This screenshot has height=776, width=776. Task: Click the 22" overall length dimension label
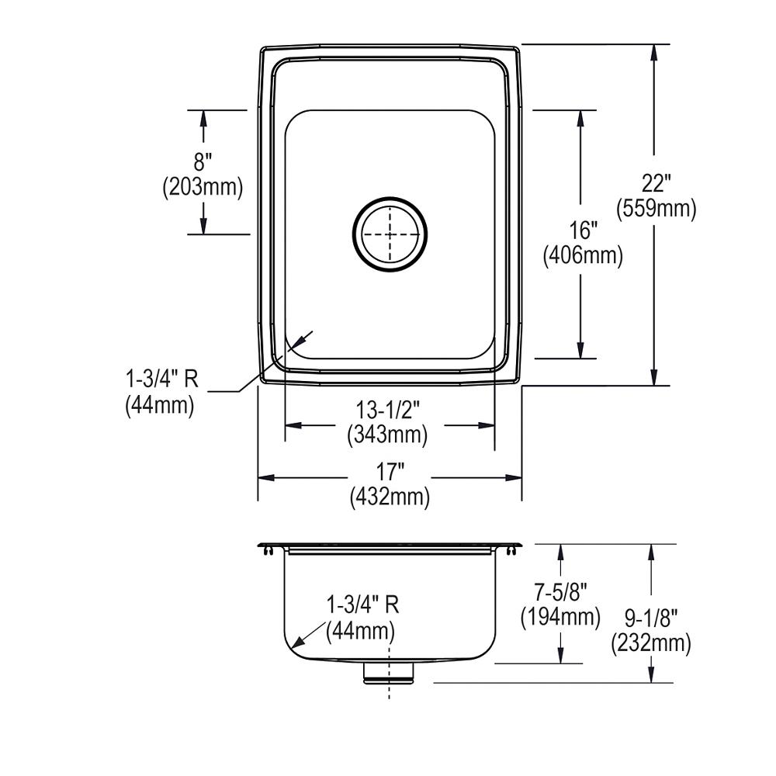coord(656,185)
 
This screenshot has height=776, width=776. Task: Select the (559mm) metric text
coord(656,208)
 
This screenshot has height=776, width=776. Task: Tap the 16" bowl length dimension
coord(582,231)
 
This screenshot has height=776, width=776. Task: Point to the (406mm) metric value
coord(582,255)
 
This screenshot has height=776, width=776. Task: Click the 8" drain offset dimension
coord(203,162)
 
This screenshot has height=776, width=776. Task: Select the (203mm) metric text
coord(203,186)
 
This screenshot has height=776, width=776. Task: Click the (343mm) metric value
coord(387,435)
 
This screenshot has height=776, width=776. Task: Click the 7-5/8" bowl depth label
coord(559,594)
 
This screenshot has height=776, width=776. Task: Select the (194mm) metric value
coord(559,617)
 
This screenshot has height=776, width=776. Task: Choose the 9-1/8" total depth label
coord(651,618)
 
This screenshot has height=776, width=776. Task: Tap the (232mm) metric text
coord(651,643)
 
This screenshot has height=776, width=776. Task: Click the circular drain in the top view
coord(390,234)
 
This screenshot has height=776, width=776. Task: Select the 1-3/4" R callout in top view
coord(161,379)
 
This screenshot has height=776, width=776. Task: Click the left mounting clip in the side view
coord(266,550)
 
